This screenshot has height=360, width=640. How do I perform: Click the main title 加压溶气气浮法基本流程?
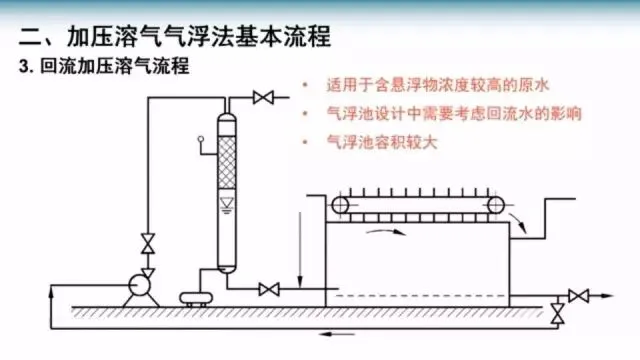[x=199, y=36]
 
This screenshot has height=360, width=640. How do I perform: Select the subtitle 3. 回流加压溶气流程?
[x=104, y=66]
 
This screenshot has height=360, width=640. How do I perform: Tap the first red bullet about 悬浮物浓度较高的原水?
[x=438, y=85]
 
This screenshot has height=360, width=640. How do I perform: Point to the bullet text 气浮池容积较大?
[x=382, y=142]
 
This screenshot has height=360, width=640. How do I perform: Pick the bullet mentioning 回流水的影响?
[x=454, y=113]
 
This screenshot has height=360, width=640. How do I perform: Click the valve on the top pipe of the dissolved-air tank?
[x=263, y=98]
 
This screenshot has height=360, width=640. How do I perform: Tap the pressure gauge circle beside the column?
[x=201, y=139]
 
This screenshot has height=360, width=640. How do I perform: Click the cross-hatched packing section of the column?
[x=227, y=162]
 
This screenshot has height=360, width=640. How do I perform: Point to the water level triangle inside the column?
[x=227, y=203]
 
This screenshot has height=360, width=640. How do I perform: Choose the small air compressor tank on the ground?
[x=196, y=298]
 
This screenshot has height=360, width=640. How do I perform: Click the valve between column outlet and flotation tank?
[x=269, y=289]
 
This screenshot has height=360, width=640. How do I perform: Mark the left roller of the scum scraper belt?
[x=340, y=205]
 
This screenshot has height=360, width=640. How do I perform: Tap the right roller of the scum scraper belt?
[x=496, y=205]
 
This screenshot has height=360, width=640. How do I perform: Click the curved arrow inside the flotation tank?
[x=386, y=231]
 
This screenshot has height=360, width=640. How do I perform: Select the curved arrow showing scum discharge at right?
[x=518, y=222]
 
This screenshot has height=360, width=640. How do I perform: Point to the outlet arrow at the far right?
[x=602, y=296]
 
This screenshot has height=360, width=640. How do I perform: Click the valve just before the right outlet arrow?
[x=579, y=296]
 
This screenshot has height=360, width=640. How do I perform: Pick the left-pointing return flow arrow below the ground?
[x=337, y=334]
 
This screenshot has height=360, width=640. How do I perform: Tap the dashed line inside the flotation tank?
[x=420, y=296]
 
